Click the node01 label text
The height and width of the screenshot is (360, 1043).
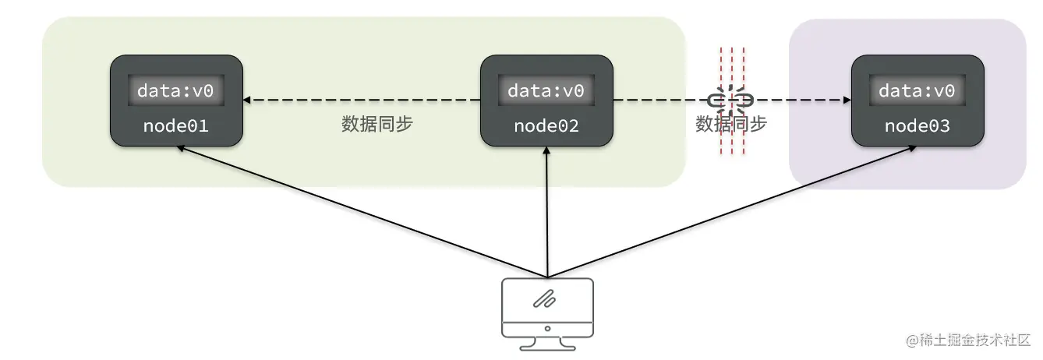[175, 125]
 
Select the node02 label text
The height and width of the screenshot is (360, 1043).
[546, 125]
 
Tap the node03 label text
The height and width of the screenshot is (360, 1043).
[917, 125]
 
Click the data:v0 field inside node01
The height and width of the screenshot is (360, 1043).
[175, 90]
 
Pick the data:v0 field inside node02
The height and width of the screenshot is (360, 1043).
[546, 90]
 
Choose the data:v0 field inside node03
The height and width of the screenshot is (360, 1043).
[917, 90]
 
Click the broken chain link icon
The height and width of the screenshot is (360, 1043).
[730, 100]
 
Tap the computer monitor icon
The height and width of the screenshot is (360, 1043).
[547, 307]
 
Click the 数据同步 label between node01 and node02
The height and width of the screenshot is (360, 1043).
[377, 125]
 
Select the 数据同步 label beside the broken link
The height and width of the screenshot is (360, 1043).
[730, 125]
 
